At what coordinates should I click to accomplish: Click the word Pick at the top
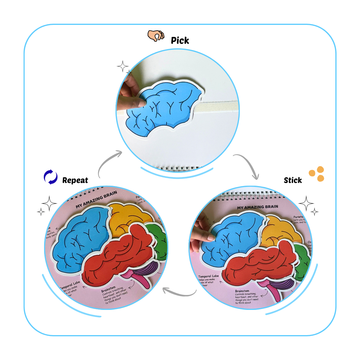click(x=180, y=40)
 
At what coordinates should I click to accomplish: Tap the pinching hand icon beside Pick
click(x=156, y=36)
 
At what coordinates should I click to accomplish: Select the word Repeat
click(x=75, y=180)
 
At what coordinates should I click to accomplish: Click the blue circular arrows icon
click(x=51, y=177)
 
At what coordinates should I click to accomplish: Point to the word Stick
click(x=293, y=180)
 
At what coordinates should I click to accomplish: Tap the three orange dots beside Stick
click(x=317, y=174)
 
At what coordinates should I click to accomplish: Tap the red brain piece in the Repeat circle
click(x=120, y=255)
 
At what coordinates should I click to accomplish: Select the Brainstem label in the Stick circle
click(x=242, y=291)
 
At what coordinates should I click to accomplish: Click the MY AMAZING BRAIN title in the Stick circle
click(x=257, y=207)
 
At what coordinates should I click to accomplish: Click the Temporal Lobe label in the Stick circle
click(x=208, y=276)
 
